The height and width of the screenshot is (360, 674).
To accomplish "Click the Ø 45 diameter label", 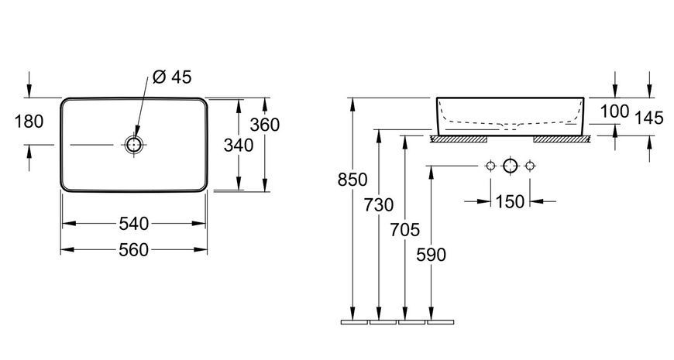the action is tap(172, 77).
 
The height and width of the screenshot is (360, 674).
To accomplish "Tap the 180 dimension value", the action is tap(29, 122).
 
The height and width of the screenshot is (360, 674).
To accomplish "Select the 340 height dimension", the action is tap(239, 146).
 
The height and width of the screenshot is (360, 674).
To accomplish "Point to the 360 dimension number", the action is tap(265, 125).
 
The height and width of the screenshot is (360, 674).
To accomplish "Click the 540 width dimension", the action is tap(134, 224).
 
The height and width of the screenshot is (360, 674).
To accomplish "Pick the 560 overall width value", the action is tap(134, 249).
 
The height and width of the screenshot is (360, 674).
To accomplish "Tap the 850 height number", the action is tap(352, 180).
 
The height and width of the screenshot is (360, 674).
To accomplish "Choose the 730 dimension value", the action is tap(379, 205).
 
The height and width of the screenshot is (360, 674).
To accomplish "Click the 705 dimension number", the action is tap(405, 230).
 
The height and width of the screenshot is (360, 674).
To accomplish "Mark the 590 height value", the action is tap(432, 255).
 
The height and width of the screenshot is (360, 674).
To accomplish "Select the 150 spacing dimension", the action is tap(511, 201).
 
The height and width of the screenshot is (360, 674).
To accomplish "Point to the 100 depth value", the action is tap(614, 111).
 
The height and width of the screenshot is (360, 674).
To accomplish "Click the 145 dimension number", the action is tap(649, 118).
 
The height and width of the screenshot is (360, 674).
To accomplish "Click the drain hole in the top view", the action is tap(134, 145).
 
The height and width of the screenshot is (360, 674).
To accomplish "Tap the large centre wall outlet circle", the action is tap(511, 166).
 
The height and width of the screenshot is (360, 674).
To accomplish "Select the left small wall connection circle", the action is tap(490, 166).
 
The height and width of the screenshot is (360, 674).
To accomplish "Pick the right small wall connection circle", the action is tap(530, 166).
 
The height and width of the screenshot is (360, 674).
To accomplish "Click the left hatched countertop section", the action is tap(459, 139).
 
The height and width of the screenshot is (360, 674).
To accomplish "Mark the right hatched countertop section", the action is tap(562, 139).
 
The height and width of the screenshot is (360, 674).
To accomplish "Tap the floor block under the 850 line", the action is tap(354, 322).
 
